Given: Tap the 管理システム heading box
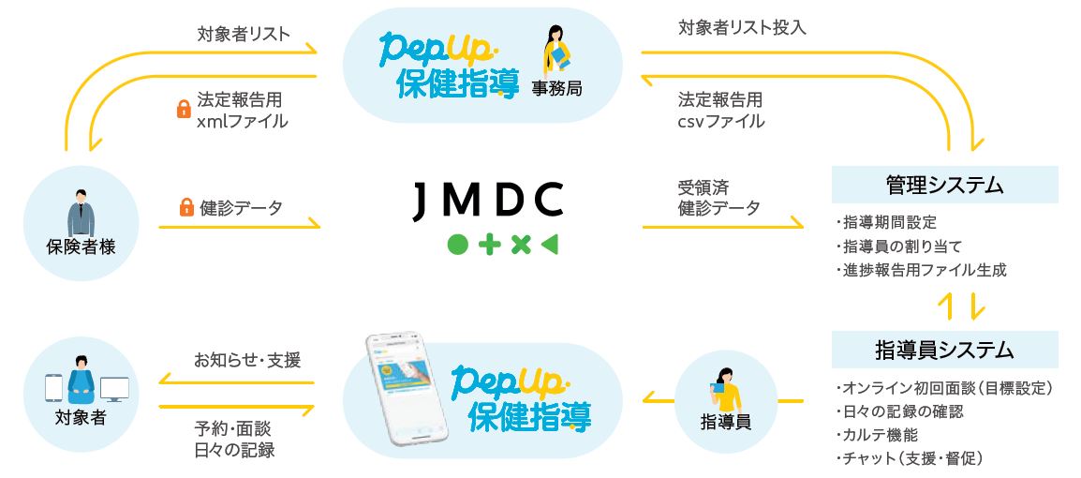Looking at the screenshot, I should [x=943, y=185].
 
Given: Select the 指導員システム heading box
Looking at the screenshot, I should [x=943, y=351].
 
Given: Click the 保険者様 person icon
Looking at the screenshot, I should [x=81, y=215].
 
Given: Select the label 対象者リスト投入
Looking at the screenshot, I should [x=742, y=27].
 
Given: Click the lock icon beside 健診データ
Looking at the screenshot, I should [x=185, y=208].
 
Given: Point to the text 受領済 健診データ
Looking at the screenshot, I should [x=718, y=197].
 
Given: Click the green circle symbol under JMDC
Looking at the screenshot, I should [x=457, y=246].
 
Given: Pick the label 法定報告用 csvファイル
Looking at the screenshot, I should [x=720, y=111].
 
